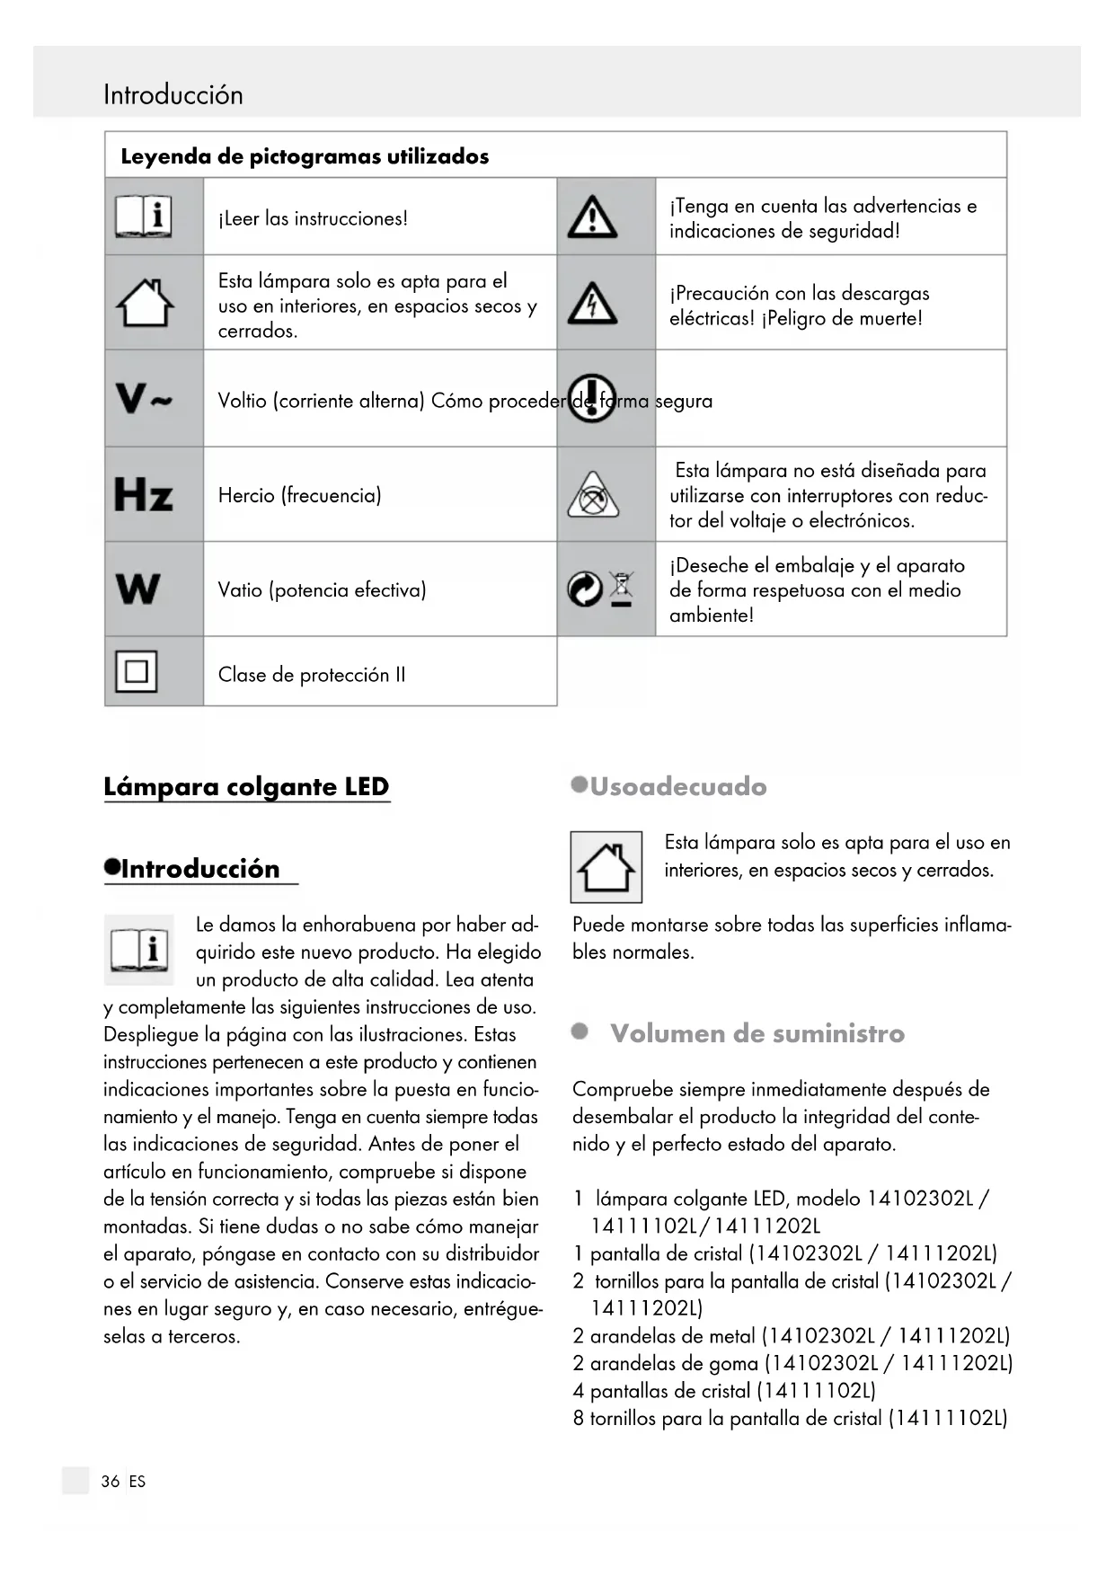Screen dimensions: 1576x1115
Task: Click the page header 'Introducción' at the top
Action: [173, 94]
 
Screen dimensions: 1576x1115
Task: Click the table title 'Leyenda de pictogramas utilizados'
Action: [305, 156]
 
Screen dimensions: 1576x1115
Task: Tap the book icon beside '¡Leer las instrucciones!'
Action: [144, 217]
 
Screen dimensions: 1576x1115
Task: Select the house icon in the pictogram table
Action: [145, 303]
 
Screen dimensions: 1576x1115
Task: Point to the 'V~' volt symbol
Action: [144, 398]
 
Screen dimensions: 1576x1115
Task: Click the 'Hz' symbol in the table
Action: [144, 495]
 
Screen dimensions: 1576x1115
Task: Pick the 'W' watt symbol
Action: [138, 589]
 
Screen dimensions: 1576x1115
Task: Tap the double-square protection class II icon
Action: [137, 671]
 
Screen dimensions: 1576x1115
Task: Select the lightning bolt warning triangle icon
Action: [592, 304]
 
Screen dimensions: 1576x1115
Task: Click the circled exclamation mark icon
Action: [592, 398]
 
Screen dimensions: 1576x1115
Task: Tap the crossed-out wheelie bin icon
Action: [621, 589]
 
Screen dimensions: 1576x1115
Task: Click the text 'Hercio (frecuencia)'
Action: [299, 495]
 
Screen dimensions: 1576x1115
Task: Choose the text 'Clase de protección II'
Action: [312, 675]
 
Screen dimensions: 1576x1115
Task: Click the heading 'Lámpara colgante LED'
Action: [246, 786]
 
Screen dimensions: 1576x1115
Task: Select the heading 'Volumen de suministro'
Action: [757, 1033]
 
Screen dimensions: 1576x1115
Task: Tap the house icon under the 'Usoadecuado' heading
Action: [606, 867]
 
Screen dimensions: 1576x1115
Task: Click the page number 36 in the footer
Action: [111, 1482]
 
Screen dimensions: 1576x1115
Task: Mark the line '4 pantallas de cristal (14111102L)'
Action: [724, 1391]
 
